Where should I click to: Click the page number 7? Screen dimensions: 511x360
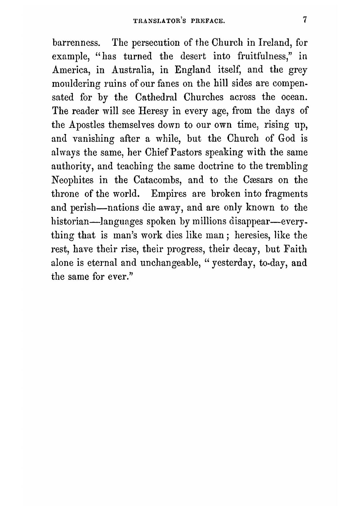click(305, 20)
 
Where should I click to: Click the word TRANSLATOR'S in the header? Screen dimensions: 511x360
click(154, 21)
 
